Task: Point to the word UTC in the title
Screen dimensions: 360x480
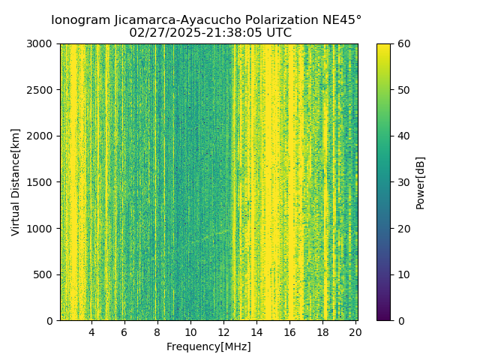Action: click(x=277, y=33)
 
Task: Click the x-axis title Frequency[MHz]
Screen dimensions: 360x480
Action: click(x=208, y=346)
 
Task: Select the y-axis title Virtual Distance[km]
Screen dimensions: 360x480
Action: click(x=16, y=181)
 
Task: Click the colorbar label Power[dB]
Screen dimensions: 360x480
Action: click(x=420, y=181)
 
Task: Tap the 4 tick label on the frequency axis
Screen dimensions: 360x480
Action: click(x=91, y=331)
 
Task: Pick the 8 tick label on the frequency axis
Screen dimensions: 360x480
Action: click(x=157, y=331)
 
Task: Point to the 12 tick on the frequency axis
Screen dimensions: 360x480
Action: click(x=223, y=331)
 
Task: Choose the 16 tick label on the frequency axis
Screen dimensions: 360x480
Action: click(x=289, y=331)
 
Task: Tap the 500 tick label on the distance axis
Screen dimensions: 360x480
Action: click(x=44, y=274)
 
